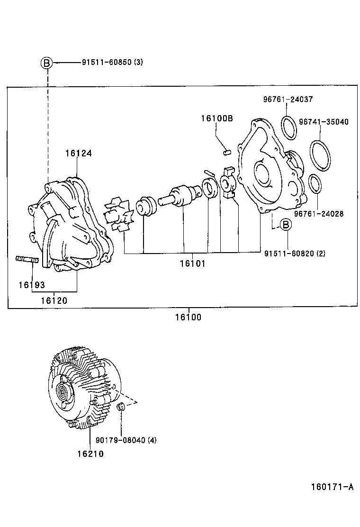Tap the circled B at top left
pos(46,63)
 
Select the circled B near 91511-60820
pos(286,225)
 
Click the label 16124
pos(78,153)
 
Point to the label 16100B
pos(216,118)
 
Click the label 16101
pos(192,263)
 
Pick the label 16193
pos(32,285)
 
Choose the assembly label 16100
pos(188,317)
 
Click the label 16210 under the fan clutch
pos(90,454)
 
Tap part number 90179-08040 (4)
pos(130,440)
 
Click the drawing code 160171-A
pos(332,487)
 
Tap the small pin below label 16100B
pos(227,153)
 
